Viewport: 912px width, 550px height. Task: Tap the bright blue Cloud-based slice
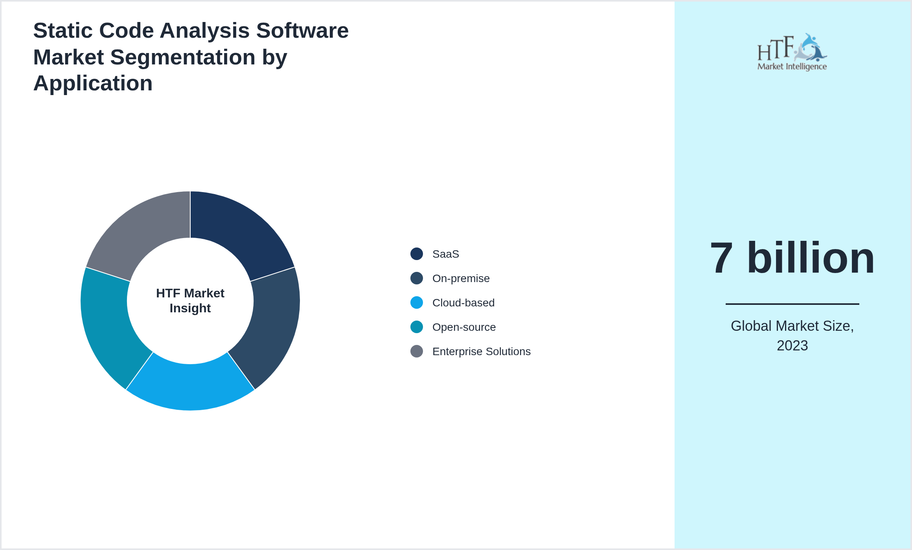click(190, 387)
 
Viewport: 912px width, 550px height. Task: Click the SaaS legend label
click(445, 254)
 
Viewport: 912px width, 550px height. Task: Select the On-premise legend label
click(461, 279)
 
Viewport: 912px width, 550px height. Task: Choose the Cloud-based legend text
click(463, 303)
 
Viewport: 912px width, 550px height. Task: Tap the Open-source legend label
click(464, 327)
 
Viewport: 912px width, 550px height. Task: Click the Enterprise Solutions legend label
click(481, 352)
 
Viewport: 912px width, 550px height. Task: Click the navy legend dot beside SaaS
click(417, 254)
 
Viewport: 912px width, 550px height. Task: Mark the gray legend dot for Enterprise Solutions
click(417, 351)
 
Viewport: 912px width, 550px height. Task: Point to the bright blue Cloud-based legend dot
click(417, 302)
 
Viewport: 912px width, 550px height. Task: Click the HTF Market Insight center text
click(190, 301)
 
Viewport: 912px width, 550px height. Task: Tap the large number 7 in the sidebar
click(722, 258)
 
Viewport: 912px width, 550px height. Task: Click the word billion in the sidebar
click(811, 258)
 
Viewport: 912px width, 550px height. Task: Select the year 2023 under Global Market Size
click(792, 346)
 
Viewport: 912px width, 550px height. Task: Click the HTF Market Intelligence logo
click(792, 52)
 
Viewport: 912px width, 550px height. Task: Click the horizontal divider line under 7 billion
click(792, 304)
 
